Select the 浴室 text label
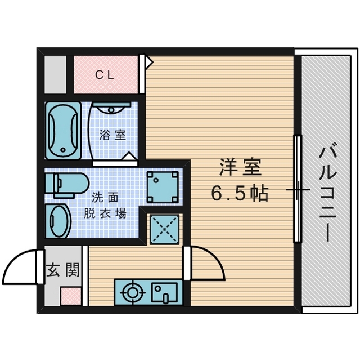pos(112,135)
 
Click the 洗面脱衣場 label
pos(105,206)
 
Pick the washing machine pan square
pos(163,188)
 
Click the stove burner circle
pos(133,293)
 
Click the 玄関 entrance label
pos(62,270)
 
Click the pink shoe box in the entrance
pos(71,296)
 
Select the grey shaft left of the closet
pos(56,74)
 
